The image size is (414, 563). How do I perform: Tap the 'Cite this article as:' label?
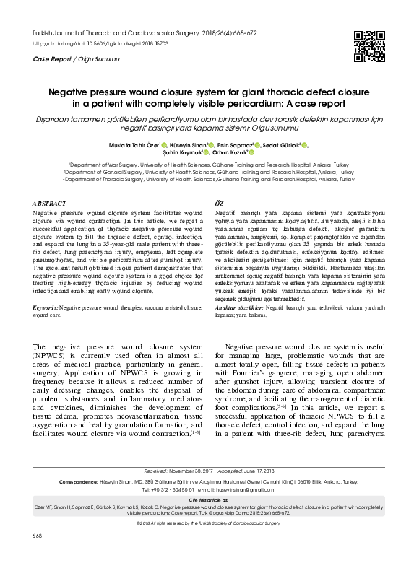click(x=207, y=519)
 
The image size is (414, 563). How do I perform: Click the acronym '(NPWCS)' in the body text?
click(x=51, y=357)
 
